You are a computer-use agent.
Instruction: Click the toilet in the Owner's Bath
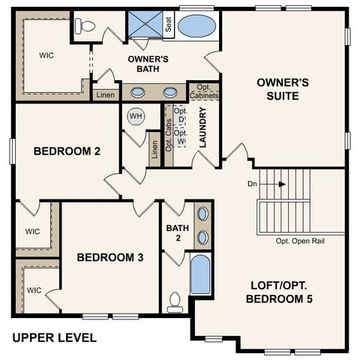pos(87,26)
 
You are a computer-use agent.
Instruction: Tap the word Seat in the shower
pos(169,25)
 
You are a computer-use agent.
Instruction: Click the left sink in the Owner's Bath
pos(139,93)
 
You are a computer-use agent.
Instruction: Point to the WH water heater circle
pos(136,116)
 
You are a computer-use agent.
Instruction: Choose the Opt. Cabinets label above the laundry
pos(204,91)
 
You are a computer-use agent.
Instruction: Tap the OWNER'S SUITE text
pos(277,89)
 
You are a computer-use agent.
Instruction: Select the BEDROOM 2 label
pos(67,151)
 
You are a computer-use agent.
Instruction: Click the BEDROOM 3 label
pos(110,257)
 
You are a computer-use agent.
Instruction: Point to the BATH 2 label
pos(174,232)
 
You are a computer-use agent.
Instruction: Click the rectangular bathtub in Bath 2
pos(200,275)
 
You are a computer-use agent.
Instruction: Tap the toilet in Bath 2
pos(175,301)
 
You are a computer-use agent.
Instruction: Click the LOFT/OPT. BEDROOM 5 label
pos(279,292)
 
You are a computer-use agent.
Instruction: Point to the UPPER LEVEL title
pos(54,338)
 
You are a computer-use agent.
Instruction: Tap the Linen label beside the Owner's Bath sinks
pos(103,94)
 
